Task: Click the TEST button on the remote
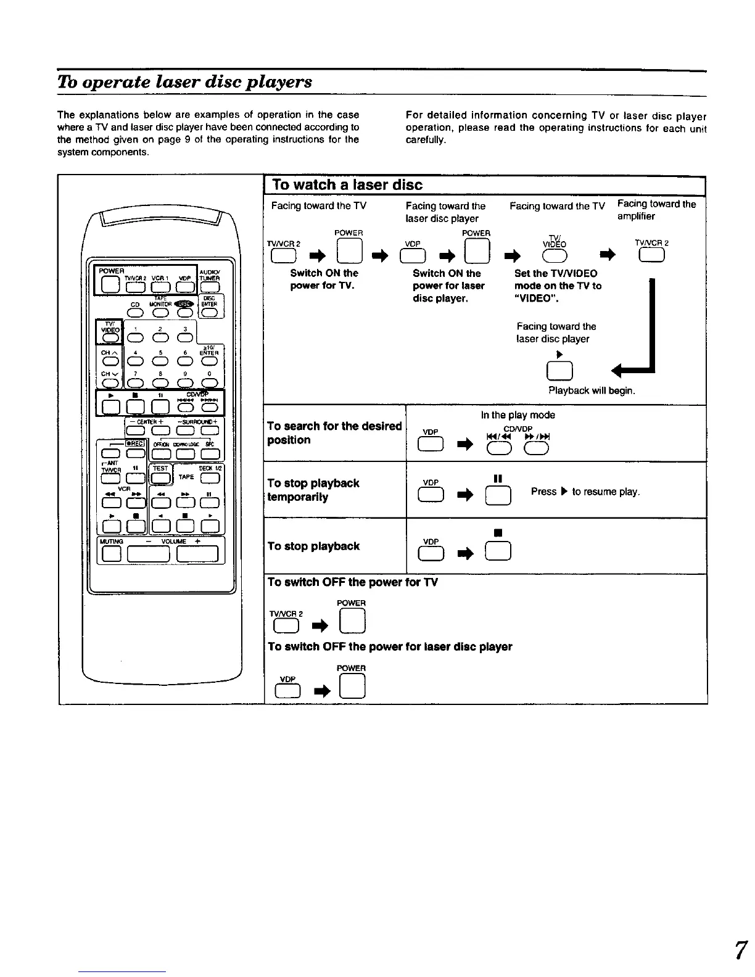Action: (160, 477)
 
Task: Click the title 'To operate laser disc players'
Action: (185, 82)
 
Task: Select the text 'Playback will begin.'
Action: (592, 390)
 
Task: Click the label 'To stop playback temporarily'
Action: (313, 490)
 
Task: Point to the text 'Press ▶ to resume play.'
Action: (585, 492)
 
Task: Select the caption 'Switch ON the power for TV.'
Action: (324, 279)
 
